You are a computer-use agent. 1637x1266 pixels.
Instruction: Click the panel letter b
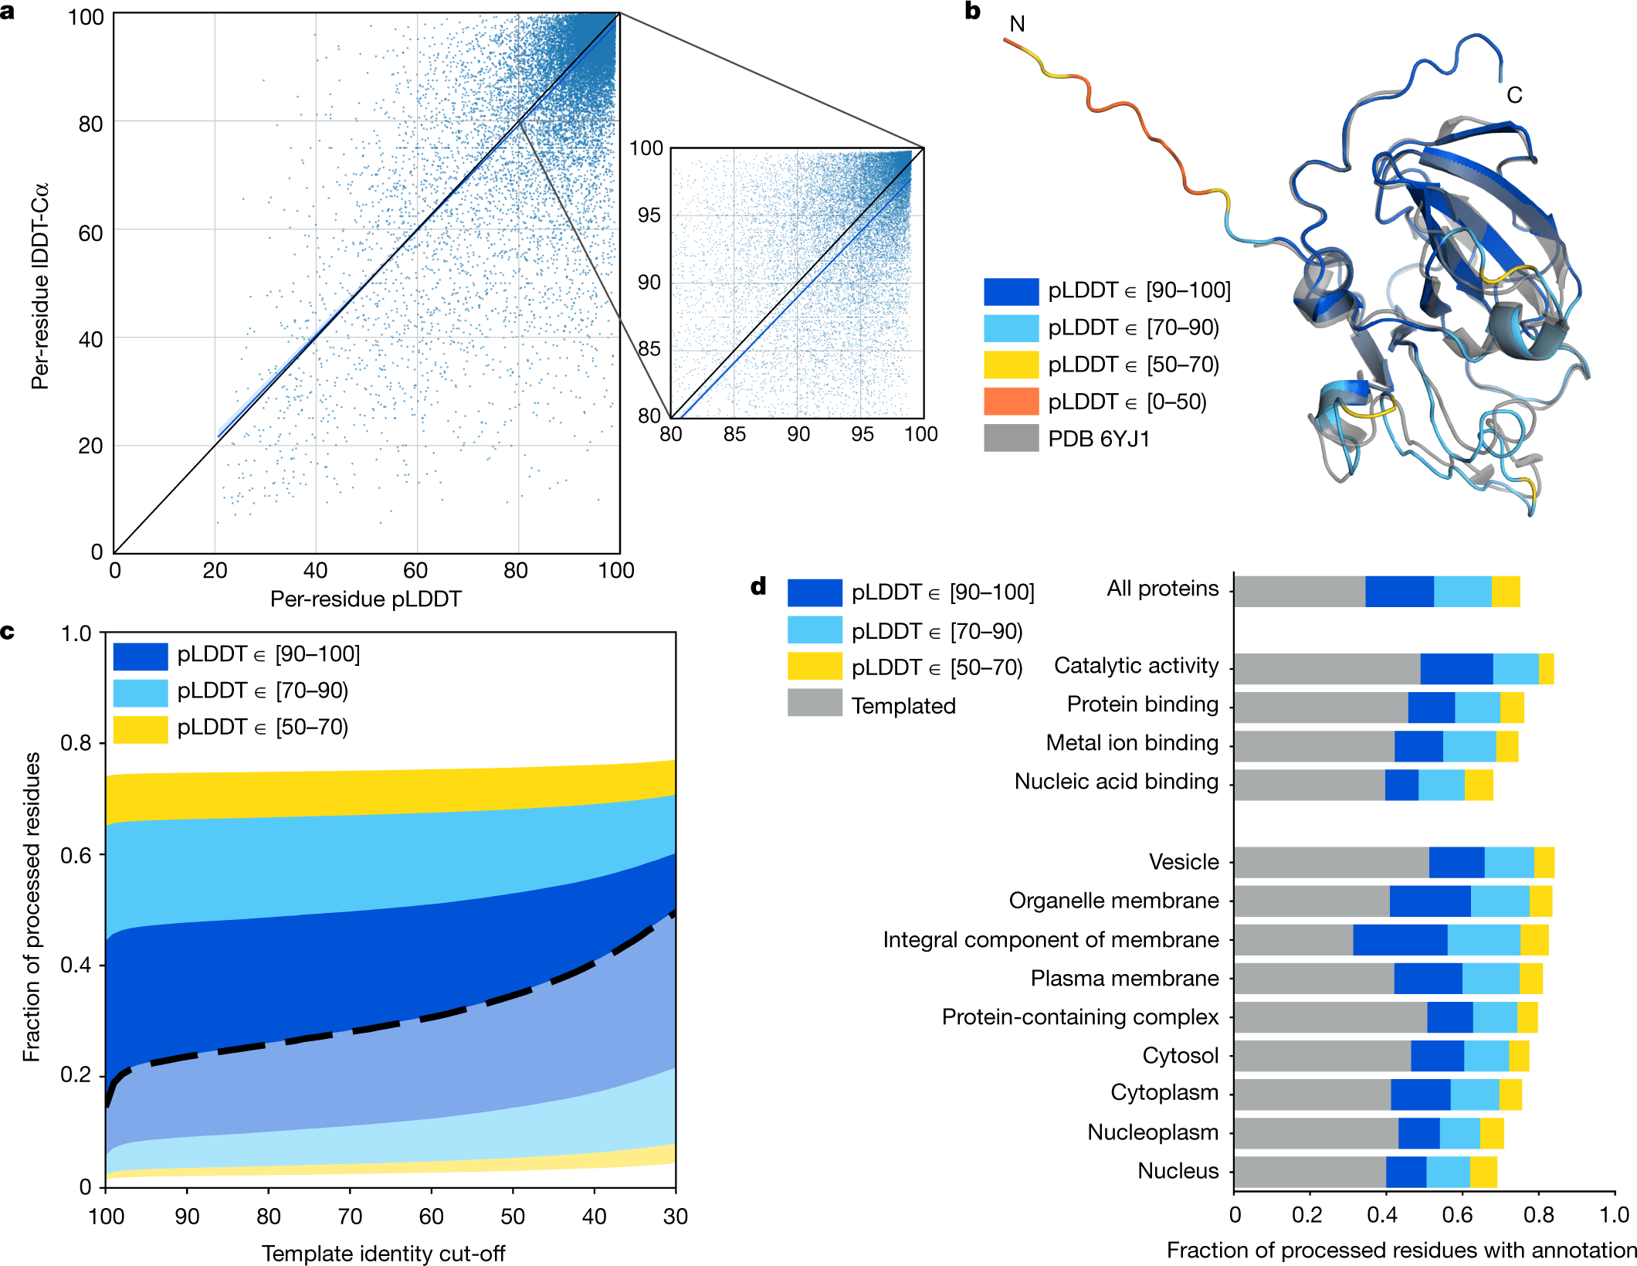point(972,12)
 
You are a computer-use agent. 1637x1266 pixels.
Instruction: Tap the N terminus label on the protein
point(1017,25)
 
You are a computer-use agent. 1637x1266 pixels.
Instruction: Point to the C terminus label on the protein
point(1514,96)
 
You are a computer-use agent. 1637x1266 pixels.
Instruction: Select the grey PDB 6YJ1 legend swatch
point(1011,438)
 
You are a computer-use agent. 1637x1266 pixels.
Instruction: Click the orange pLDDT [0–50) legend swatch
point(1011,402)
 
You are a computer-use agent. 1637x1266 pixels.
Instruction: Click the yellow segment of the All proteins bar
point(1505,592)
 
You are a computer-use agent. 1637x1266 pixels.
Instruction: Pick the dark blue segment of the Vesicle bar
point(1456,862)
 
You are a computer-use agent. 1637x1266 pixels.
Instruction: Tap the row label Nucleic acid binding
point(1116,782)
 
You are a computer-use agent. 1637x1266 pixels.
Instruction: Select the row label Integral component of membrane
point(1050,940)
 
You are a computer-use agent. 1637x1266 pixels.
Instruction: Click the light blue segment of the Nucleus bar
point(1448,1172)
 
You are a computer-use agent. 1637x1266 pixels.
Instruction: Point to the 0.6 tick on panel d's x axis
point(1457,1215)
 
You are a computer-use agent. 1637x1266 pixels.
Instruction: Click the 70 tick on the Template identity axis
point(350,1217)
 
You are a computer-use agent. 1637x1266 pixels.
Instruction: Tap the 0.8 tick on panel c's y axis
point(76,743)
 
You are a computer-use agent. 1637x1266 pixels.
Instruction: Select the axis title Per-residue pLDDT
point(365,599)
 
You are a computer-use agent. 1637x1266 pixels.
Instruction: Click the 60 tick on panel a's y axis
point(90,232)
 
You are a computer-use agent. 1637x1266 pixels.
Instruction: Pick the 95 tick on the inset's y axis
point(649,216)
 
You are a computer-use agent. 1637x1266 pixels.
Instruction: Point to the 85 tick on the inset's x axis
point(734,435)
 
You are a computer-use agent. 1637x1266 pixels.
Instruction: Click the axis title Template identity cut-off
point(383,1253)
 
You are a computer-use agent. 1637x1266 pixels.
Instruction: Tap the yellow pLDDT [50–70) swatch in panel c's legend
point(140,728)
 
